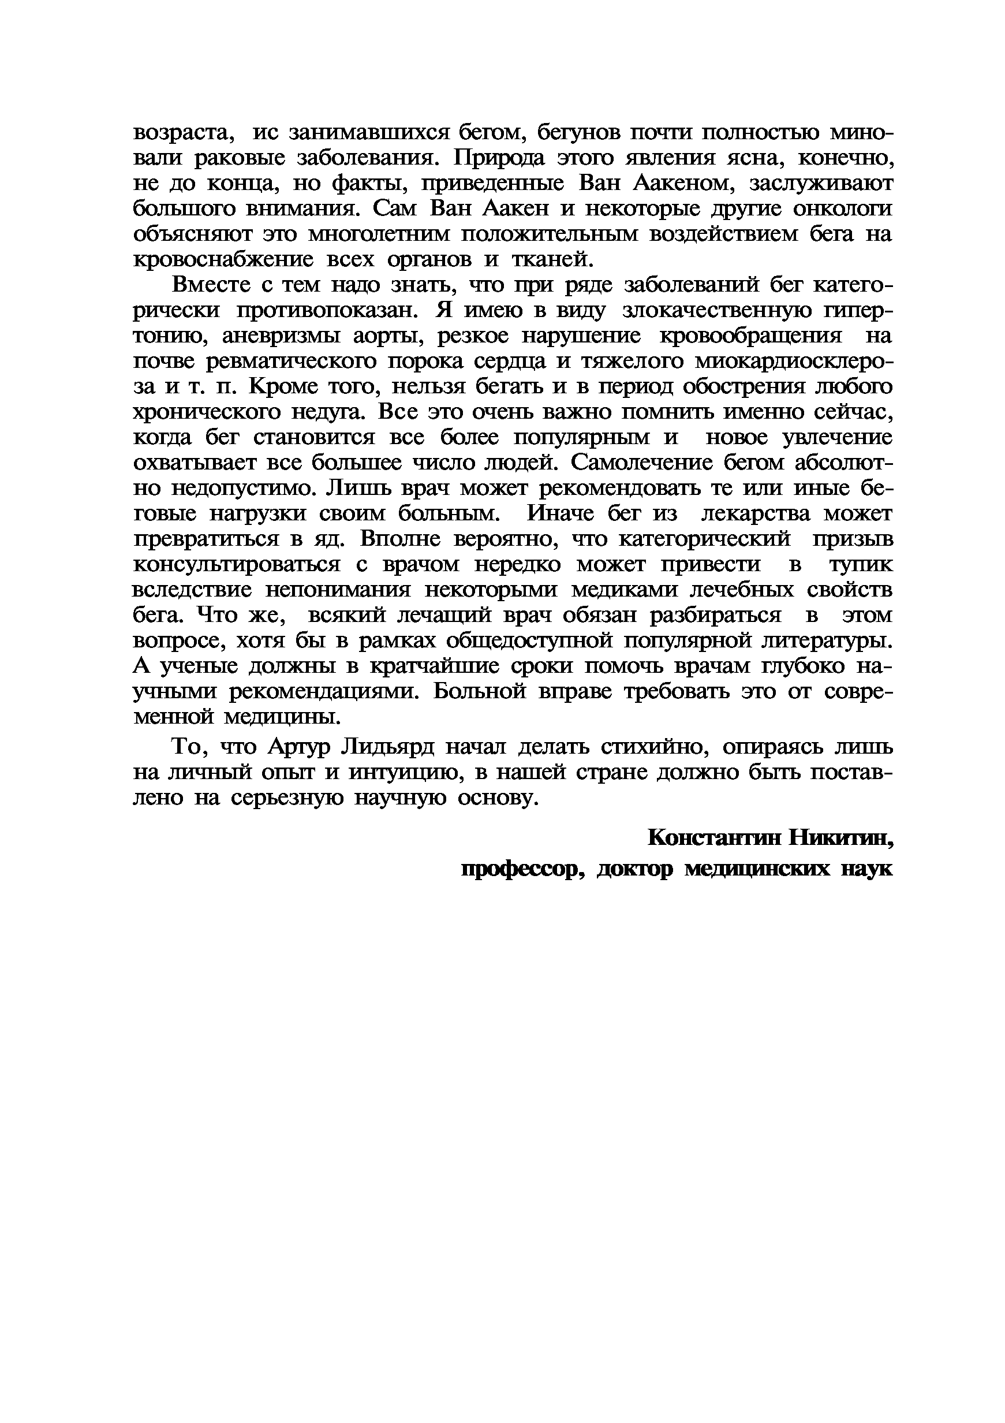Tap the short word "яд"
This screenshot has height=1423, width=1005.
327,539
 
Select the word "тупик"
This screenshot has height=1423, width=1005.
861,565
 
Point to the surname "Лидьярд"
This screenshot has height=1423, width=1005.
388,747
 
